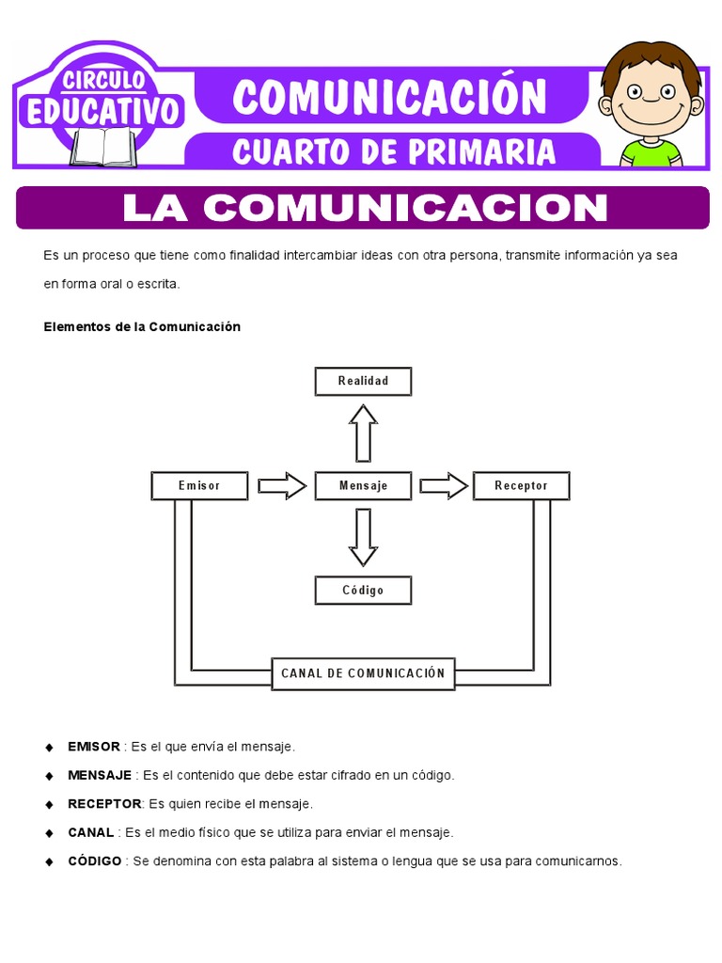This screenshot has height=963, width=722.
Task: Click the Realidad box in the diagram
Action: coord(362,381)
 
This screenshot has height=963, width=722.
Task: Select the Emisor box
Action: coord(199,485)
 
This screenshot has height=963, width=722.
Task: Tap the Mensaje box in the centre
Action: coord(362,485)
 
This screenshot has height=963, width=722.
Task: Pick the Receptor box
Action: coord(521,485)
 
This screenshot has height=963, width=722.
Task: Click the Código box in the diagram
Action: coord(362,590)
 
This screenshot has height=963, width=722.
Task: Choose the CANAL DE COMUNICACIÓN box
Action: coord(363,673)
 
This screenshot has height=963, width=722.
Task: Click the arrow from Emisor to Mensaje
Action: coord(282,485)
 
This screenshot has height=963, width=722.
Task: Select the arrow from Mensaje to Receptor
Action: coord(443,485)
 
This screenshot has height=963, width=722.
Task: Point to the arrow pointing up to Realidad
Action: coord(363,432)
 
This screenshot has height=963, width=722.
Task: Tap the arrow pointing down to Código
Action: coord(363,537)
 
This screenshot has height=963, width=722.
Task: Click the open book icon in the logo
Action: coord(103,147)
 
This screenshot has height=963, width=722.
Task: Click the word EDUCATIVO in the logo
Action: coord(102,111)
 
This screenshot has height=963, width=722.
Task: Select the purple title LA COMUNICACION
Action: coord(364,208)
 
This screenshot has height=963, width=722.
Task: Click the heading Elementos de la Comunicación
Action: coord(142,326)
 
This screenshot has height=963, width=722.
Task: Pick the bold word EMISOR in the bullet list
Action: coord(94,747)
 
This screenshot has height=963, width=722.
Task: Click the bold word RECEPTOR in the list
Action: coord(104,804)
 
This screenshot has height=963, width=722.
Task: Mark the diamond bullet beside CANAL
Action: coord(49,833)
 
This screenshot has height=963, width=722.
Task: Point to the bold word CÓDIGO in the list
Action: coord(95,861)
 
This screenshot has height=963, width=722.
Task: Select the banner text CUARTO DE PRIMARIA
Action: coord(394,150)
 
